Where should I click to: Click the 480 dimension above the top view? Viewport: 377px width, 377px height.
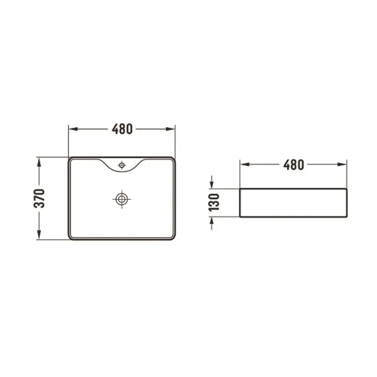[122, 129]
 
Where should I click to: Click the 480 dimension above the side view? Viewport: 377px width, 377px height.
[294, 164]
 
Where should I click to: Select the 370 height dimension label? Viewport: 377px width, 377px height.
[39, 198]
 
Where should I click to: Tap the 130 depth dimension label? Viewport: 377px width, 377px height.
[214, 203]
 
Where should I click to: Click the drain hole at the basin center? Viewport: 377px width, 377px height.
[122, 199]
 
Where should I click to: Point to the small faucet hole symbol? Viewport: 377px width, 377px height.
[122, 165]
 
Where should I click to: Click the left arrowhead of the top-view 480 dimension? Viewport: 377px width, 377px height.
[73, 129]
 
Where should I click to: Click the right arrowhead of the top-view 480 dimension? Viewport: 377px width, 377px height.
[171, 129]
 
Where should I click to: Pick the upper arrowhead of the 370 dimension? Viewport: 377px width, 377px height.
[39, 162]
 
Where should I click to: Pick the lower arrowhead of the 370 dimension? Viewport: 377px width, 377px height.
[39, 235]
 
